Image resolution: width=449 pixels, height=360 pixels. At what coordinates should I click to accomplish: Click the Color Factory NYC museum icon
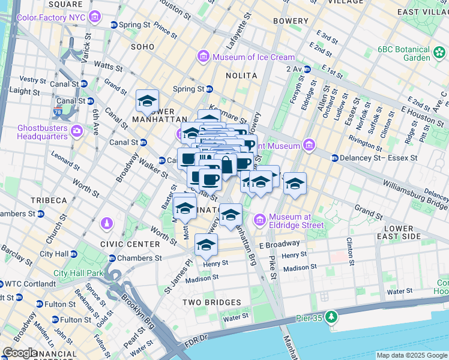click(x=94, y=17)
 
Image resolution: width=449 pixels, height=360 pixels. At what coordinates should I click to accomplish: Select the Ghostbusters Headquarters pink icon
click(x=77, y=131)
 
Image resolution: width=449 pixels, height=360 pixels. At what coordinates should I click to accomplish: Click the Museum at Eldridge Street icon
click(x=261, y=220)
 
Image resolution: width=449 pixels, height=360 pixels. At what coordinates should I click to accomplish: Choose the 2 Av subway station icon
click(x=307, y=70)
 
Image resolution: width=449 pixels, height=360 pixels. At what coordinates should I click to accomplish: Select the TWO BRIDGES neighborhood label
click(x=213, y=302)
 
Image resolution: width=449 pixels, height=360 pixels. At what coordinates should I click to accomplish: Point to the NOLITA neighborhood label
click(x=241, y=76)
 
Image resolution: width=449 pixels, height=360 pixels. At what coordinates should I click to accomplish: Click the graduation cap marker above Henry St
click(x=206, y=245)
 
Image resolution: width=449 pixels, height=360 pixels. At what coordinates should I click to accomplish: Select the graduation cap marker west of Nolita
click(x=147, y=101)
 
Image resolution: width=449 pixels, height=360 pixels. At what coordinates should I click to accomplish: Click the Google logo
click(x=20, y=353)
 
